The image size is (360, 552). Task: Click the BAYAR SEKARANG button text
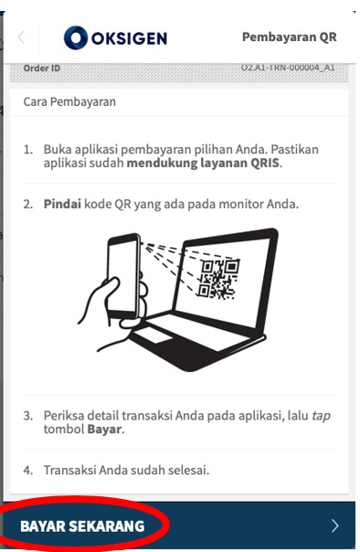(x=82, y=526)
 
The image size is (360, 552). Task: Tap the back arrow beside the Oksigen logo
(x=21, y=37)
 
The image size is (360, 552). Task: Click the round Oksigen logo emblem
(x=76, y=37)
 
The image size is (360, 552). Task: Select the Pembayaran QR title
(x=290, y=37)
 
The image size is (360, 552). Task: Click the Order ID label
(x=41, y=68)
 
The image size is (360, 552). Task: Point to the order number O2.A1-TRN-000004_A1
(x=288, y=68)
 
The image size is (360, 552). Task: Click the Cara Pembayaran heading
(x=69, y=101)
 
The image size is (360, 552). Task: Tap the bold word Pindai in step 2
(x=62, y=204)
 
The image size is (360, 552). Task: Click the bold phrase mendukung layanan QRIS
(x=204, y=163)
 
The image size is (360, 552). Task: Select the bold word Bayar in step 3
(x=104, y=430)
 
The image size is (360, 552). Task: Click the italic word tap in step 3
(x=321, y=416)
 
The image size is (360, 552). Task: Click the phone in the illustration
(x=124, y=276)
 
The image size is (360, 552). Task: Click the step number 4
(x=27, y=470)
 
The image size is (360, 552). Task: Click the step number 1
(x=27, y=150)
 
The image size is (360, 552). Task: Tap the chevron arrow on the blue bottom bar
(x=335, y=525)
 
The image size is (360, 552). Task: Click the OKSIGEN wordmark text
(x=129, y=38)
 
